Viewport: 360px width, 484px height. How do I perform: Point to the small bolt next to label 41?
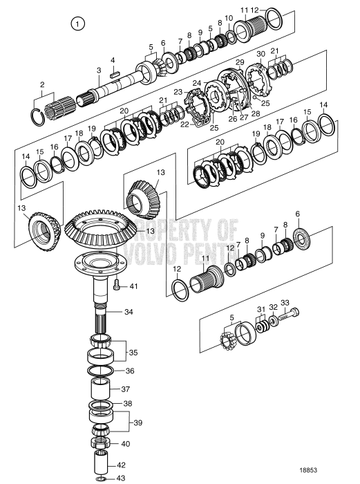coord(116,283)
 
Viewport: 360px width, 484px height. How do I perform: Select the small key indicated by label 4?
coord(117,67)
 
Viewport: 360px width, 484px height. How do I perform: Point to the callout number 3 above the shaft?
coord(99,71)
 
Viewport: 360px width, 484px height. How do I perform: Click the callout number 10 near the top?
coord(229,17)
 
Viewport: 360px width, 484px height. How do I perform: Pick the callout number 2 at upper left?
coord(41,84)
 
